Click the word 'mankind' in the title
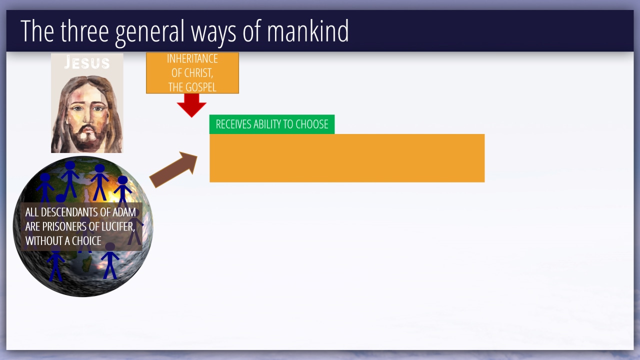tap(307, 31)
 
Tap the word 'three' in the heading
tap(84, 31)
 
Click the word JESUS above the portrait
tap(87, 62)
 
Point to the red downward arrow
tap(191, 105)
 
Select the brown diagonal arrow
tap(173, 169)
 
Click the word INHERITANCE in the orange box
tap(192, 58)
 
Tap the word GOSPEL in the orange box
tap(202, 87)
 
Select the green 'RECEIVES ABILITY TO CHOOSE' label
tap(272, 124)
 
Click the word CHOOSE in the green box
tap(311, 124)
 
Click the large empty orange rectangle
tap(347, 158)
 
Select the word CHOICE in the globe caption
tap(86, 241)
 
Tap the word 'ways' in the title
tap(213, 33)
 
